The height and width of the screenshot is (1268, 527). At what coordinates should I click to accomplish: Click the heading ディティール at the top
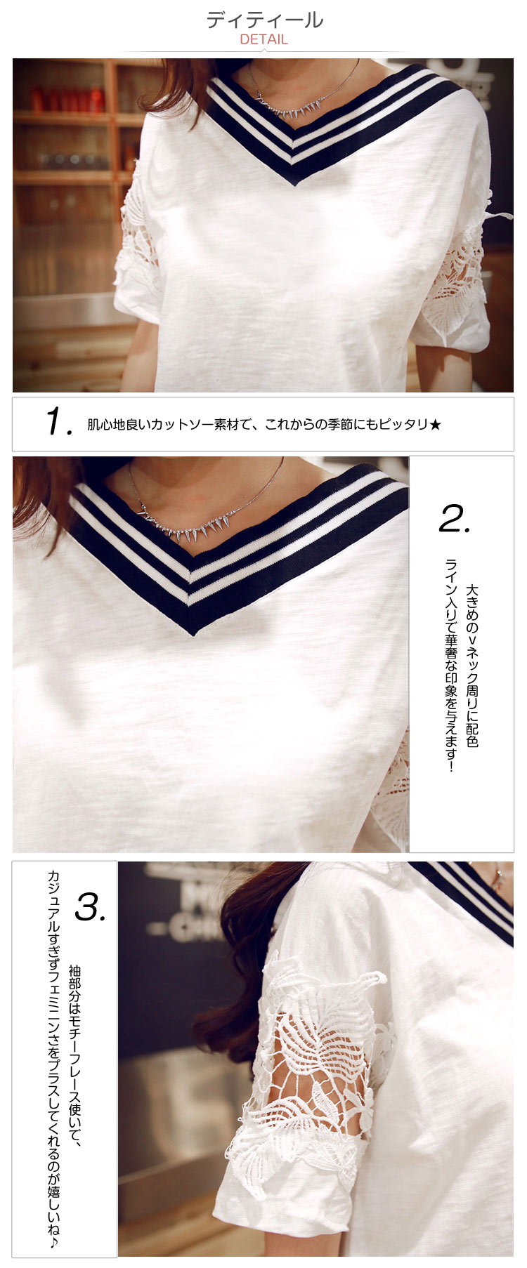click(264, 20)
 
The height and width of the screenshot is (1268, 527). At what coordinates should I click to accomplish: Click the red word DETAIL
click(263, 39)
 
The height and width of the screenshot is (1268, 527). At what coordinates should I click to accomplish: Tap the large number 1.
click(58, 421)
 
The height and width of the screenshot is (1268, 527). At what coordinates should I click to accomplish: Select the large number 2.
click(455, 518)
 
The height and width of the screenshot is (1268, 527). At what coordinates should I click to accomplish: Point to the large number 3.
click(91, 906)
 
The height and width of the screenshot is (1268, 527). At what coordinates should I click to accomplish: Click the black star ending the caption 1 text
click(435, 424)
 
